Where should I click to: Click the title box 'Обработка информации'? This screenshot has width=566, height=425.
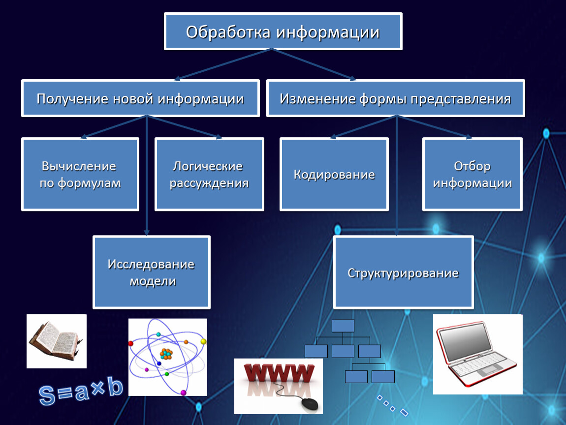point(283,31)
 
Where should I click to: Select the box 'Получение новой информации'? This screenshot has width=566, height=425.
point(140,98)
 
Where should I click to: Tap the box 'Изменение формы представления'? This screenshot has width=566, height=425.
point(396,98)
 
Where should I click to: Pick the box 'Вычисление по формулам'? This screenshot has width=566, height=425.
point(80,174)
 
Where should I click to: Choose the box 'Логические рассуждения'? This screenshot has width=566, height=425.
point(209,174)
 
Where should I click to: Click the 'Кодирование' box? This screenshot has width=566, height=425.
point(334,174)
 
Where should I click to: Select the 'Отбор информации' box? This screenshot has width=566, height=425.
point(472,174)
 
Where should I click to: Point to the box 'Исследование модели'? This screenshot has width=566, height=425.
point(152,272)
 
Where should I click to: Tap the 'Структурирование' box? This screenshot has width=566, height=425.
point(404,272)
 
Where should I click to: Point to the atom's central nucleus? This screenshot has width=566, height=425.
point(166,354)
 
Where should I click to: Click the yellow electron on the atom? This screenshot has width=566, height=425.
point(204,341)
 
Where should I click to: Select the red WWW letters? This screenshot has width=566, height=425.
point(279,373)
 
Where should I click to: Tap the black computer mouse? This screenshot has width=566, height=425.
point(310,404)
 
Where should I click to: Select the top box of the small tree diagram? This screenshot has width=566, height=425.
point(343,326)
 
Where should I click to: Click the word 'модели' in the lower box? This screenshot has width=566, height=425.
point(153,281)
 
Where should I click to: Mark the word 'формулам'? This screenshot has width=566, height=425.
point(89,183)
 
